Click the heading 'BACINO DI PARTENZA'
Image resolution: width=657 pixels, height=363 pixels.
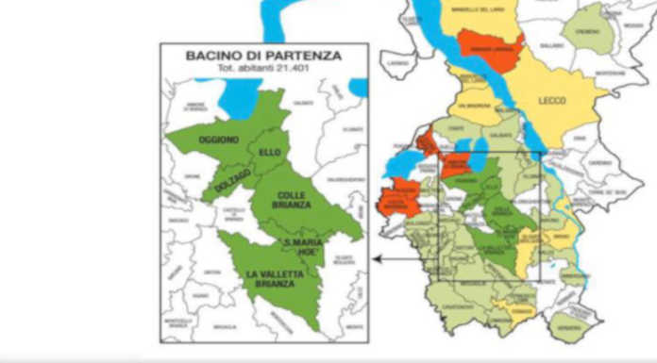click(264, 56)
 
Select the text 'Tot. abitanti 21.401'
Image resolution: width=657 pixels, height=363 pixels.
click(264, 69)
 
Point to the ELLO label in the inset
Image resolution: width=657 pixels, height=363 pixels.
click(267, 150)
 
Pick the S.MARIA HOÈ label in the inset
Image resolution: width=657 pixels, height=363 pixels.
click(304, 249)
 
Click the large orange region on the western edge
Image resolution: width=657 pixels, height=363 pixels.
click(399, 200)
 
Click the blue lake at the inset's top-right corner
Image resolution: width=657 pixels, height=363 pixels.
click(359, 87)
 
